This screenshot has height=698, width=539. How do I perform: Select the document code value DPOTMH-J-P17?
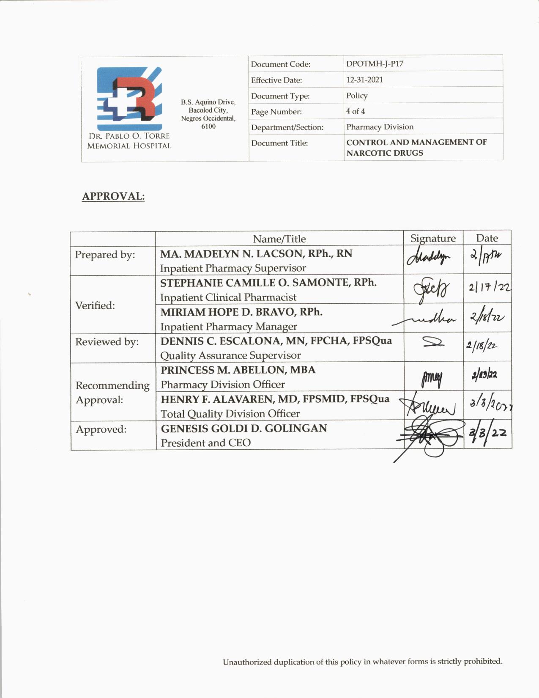tap(375, 64)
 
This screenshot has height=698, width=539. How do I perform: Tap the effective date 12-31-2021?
tap(364, 80)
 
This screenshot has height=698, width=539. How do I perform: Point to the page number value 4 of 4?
tap(356, 111)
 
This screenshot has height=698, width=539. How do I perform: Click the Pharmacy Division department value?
tap(380, 127)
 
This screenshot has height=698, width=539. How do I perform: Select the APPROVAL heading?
tap(113, 196)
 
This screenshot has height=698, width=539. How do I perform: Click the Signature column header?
tap(433, 238)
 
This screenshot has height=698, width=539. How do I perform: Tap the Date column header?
tap(487, 238)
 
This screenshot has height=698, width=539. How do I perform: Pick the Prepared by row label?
tap(105, 255)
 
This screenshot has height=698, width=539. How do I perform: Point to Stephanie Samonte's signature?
tap(432, 290)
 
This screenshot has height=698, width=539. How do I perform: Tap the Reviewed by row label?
tap(107, 342)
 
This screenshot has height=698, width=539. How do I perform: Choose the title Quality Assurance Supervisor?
tap(230, 356)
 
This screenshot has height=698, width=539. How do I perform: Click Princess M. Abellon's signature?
tap(432, 377)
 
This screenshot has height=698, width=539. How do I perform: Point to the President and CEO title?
tap(205, 443)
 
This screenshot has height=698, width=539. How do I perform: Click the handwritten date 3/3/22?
tap(487, 433)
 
